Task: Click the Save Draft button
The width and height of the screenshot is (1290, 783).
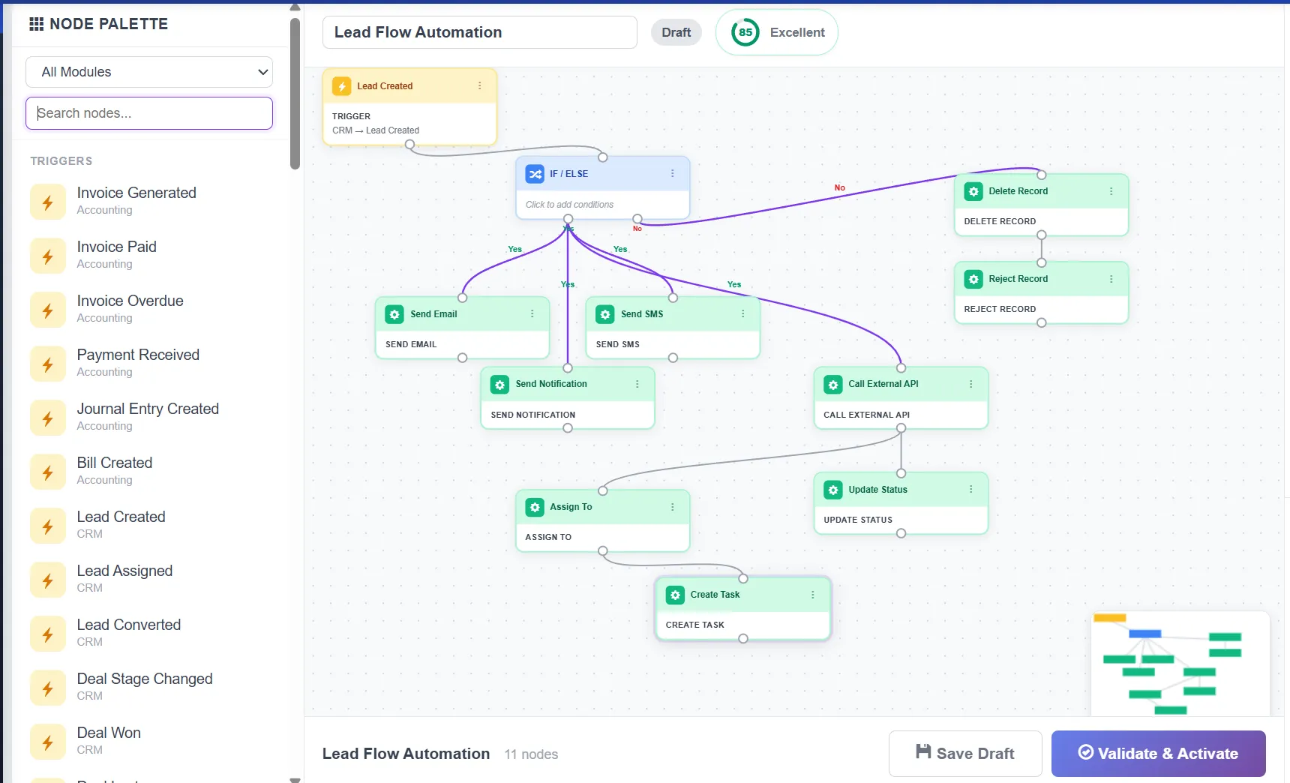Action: (x=964, y=753)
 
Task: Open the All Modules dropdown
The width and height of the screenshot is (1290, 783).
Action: (x=149, y=72)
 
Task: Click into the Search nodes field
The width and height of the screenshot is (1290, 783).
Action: (x=149, y=113)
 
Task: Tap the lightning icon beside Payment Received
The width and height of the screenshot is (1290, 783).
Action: (x=48, y=364)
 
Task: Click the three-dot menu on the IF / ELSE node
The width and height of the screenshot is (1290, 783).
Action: (x=672, y=173)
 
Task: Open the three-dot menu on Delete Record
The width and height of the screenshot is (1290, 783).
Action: (x=1111, y=191)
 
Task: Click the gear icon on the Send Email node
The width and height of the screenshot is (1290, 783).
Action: (x=394, y=314)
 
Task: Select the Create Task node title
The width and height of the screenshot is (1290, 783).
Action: (x=715, y=595)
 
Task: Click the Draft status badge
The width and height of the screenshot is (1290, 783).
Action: (x=676, y=32)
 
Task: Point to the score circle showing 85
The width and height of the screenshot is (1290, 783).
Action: (x=745, y=32)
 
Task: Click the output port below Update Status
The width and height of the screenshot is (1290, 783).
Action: (x=901, y=533)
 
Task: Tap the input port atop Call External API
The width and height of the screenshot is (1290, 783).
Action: (x=901, y=368)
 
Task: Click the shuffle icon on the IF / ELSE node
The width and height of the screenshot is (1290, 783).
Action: (x=535, y=174)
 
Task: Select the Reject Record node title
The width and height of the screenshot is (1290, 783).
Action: (x=1018, y=279)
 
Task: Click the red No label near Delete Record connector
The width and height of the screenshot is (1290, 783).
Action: (x=839, y=187)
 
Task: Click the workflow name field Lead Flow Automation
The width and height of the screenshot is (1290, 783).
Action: (x=479, y=32)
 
